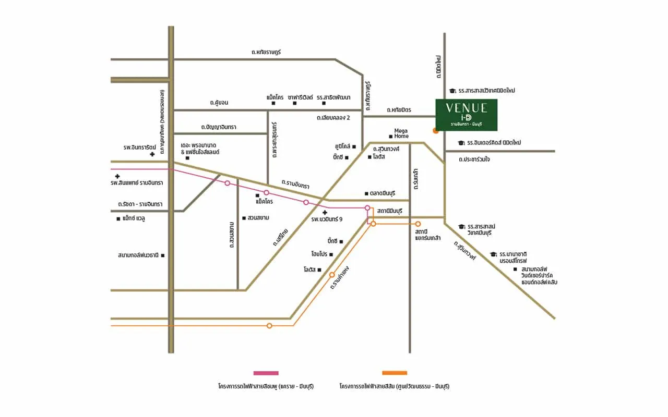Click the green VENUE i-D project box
[x=466, y=115]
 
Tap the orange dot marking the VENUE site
[x=435, y=130]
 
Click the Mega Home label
[x=401, y=133]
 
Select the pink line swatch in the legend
[x=266, y=373]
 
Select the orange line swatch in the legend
[x=395, y=373]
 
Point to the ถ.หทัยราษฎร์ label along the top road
[x=266, y=52]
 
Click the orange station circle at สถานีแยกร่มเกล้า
[x=417, y=224]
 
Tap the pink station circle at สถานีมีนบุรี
[x=367, y=208]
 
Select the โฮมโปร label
[x=319, y=254]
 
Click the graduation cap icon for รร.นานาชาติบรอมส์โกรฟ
[x=493, y=254]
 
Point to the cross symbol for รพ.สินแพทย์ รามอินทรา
[x=117, y=176]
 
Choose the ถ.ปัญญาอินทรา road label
[x=218, y=127]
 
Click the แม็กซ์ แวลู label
[x=134, y=218]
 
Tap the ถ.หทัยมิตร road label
[x=399, y=110]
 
